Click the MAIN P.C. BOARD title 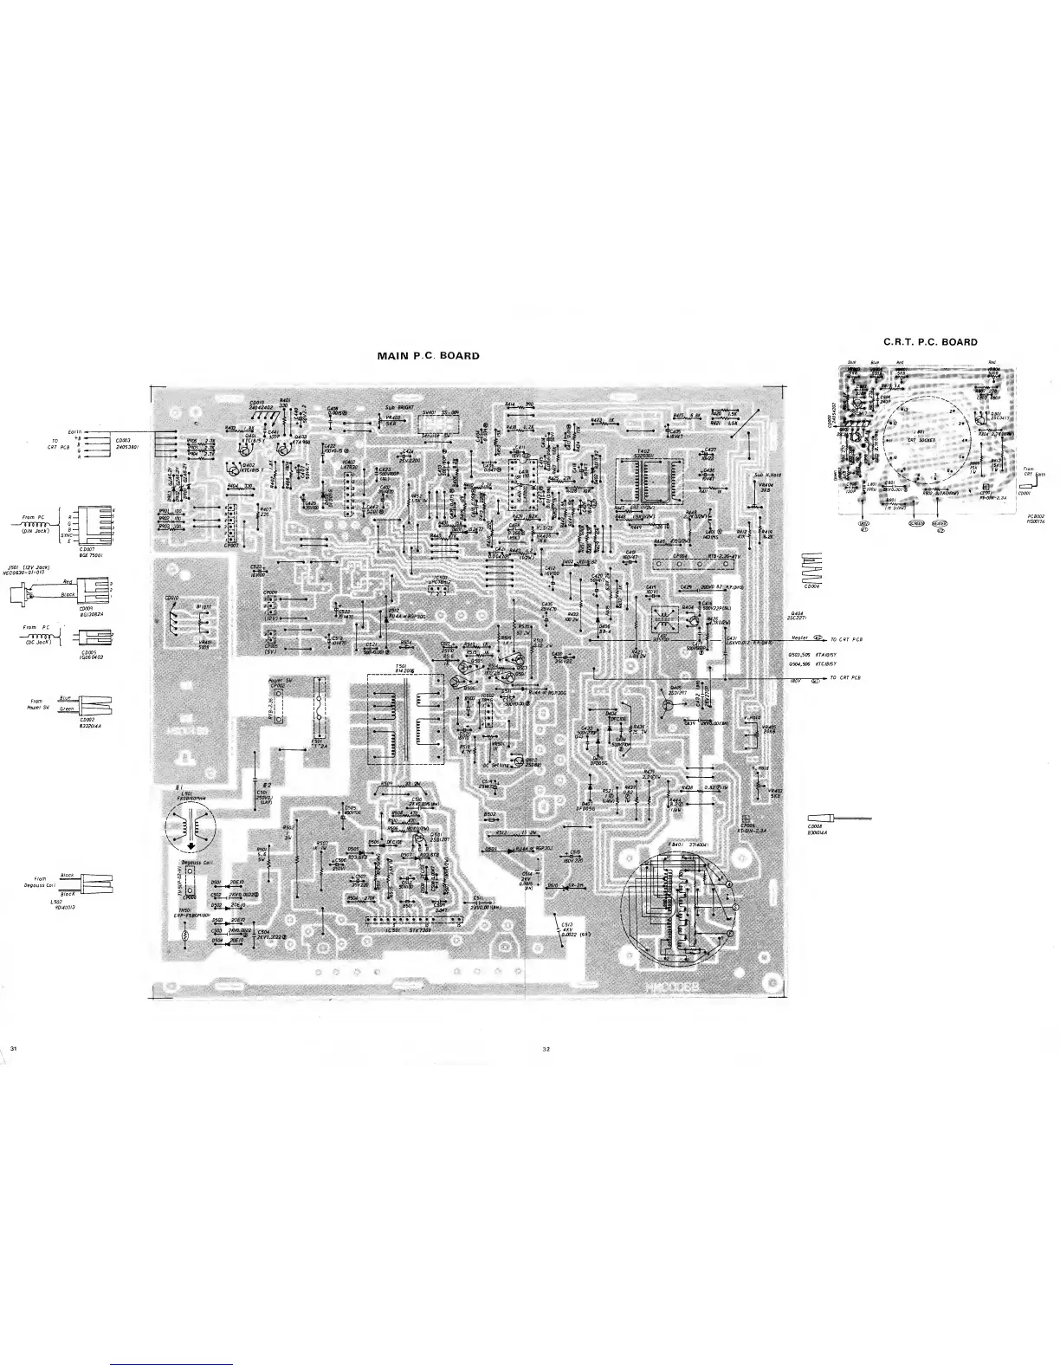coord(428,356)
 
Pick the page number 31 coord(15,1050)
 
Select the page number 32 coord(546,1050)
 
